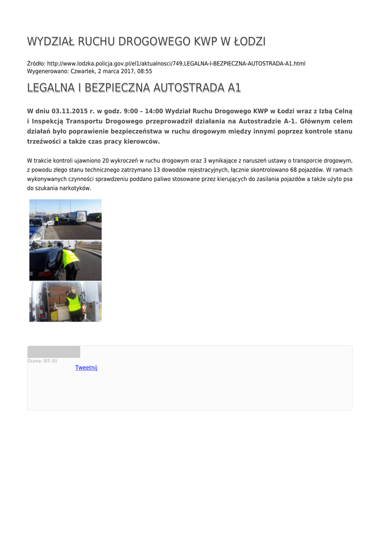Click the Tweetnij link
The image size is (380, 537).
coord(86,368)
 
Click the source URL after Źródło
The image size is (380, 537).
coord(176,63)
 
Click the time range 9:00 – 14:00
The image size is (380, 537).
coord(143,111)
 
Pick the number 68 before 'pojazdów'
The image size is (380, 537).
coord(294,170)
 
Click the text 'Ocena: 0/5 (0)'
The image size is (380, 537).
coord(42,361)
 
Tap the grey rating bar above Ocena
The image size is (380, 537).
coord(53,352)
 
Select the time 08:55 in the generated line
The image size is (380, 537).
coord(143,71)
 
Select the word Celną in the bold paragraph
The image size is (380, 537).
coord(342,111)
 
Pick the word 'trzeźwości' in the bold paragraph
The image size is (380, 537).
coord(44,142)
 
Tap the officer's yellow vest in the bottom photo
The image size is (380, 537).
coord(74,303)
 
